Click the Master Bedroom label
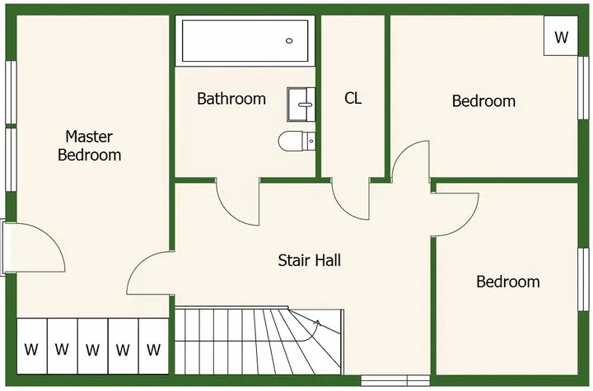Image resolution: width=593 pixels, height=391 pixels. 89,146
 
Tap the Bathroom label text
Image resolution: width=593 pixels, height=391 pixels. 231,99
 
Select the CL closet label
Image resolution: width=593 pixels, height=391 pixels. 353,98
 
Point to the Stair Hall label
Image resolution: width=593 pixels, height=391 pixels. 310,260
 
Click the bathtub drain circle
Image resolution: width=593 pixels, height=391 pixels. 289,41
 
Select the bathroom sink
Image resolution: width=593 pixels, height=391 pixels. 301,105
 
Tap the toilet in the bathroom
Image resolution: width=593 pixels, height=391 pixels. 296,142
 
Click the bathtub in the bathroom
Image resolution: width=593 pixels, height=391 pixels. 245,41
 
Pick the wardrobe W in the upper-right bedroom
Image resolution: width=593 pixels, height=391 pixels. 561,36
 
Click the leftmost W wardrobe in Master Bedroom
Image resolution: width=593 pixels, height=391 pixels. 32,346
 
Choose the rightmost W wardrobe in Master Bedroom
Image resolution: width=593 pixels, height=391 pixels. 153,346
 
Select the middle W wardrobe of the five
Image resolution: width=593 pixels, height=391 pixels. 92,346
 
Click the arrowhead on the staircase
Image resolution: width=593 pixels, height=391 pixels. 317,322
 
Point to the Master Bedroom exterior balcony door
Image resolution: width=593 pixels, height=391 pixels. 34,247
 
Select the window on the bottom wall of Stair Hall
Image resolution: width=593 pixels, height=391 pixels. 395,380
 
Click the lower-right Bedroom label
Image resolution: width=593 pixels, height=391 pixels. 508,282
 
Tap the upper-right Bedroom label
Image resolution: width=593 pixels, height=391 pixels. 483,101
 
